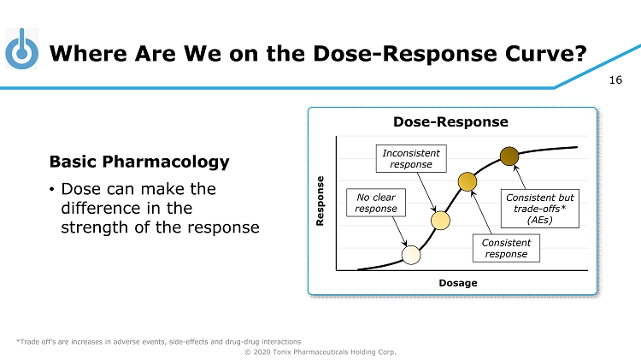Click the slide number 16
tap(615, 80)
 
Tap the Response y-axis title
tap(321, 201)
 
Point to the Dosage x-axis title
tap(459, 282)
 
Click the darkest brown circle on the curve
tap(509, 156)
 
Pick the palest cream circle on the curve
tap(411, 254)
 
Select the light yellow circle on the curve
tap(440, 220)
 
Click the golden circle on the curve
tap(468, 181)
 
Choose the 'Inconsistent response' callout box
tap(411, 158)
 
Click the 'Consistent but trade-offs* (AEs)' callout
tap(540, 208)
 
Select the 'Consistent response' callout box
tap(506, 248)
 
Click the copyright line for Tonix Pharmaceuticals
tap(320, 351)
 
